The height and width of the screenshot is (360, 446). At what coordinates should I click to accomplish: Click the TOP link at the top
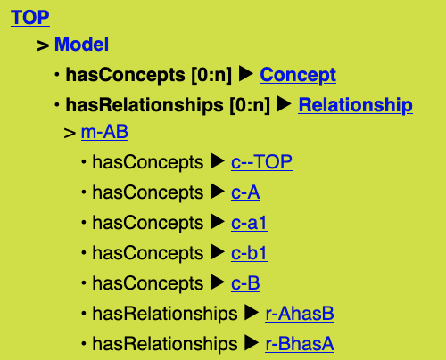(x=30, y=17)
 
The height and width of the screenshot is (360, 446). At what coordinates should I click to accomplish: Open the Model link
(x=81, y=45)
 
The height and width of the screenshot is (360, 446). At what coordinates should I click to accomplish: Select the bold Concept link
(x=298, y=75)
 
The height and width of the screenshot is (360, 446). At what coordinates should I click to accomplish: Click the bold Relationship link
(x=356, y=105)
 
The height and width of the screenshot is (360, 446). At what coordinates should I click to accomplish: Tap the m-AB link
(x=104, y=132)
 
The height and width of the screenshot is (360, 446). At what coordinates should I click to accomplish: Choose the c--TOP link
(x=261, y=162)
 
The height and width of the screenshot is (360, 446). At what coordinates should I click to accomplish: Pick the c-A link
(x=245, y=192)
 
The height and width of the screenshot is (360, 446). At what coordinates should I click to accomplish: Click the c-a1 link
(x=250, y=223)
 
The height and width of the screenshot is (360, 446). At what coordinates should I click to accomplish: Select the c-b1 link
(x=250, y=253)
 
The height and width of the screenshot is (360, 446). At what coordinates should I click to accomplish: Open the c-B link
(x=245, y=283)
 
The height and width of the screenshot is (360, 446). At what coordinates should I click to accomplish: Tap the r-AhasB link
(x=300, y=314)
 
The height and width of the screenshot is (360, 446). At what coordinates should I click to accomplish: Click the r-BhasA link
(x=300, y=344)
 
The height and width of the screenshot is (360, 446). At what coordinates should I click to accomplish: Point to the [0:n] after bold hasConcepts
(x=211, y=75)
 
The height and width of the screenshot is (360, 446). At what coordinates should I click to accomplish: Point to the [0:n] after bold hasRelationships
(x=250, y=105)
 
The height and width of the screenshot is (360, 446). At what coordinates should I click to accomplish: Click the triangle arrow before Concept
(x=246, y=74)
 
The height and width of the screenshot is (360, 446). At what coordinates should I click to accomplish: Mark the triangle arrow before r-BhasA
(x=252, y=343)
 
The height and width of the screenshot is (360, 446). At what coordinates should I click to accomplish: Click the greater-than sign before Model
(x=43, y=45)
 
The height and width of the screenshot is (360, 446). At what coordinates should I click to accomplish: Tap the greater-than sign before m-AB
(x=70, y=133)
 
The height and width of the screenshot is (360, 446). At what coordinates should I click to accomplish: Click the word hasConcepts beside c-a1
(x=148, y=223)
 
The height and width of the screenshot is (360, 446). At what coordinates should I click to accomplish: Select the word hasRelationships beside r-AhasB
(x=165, y=314)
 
